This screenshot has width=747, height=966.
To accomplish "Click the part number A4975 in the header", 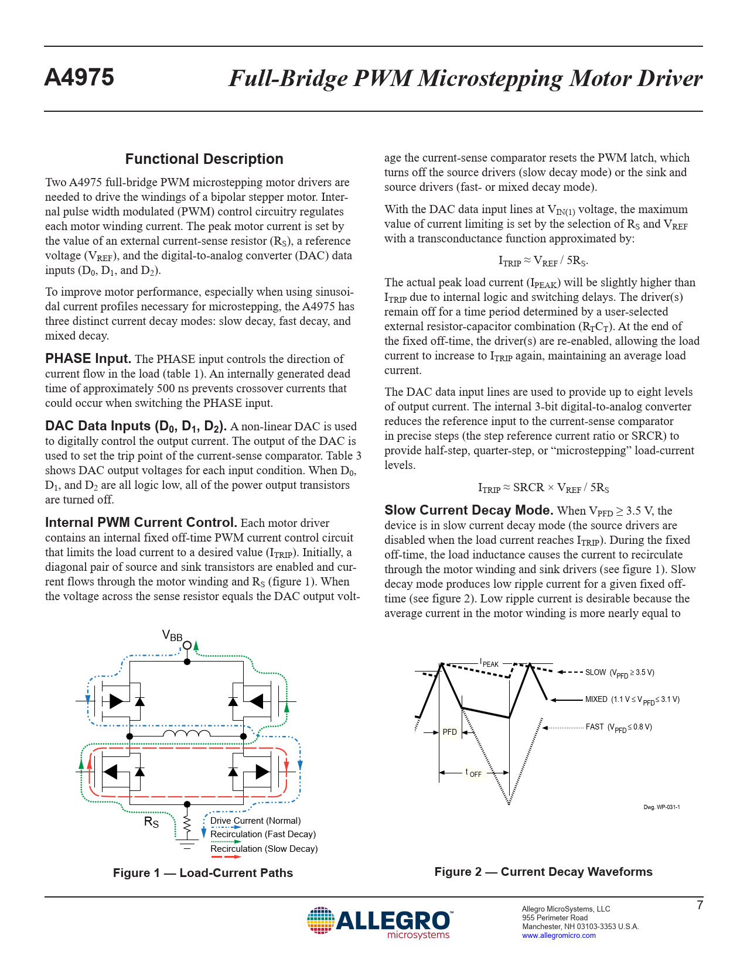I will point(79,78).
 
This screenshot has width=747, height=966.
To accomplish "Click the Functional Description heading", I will point(204,159).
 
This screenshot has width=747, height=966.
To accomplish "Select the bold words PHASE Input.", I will point(88,359).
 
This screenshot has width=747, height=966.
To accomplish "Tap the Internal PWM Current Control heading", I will point(141,523).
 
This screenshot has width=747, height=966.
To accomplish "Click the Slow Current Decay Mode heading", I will point(469,511).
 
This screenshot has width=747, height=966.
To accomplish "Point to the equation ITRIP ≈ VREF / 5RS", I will point(543,261).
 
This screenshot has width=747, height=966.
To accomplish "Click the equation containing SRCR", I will point(543,488).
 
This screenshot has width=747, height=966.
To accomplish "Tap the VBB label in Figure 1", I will point(172,636).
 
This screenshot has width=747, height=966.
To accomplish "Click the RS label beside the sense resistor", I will point(151,823).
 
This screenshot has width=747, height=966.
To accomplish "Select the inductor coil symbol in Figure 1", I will point(186,734).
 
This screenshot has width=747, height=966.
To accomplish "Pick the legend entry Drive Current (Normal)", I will point(255,821).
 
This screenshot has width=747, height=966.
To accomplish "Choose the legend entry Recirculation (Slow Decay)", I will point(264,849).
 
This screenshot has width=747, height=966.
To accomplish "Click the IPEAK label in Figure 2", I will point(489,663).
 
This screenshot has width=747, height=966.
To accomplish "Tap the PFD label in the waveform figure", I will point(449,732).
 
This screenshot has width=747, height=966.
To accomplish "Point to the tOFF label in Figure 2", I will point(473,773).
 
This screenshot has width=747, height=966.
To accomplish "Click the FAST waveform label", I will point(618,727).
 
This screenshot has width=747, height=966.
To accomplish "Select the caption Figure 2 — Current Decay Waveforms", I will point(543,872).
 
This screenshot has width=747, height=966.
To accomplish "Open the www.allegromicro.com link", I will point(558,936).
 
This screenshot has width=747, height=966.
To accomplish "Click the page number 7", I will point(700,905).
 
